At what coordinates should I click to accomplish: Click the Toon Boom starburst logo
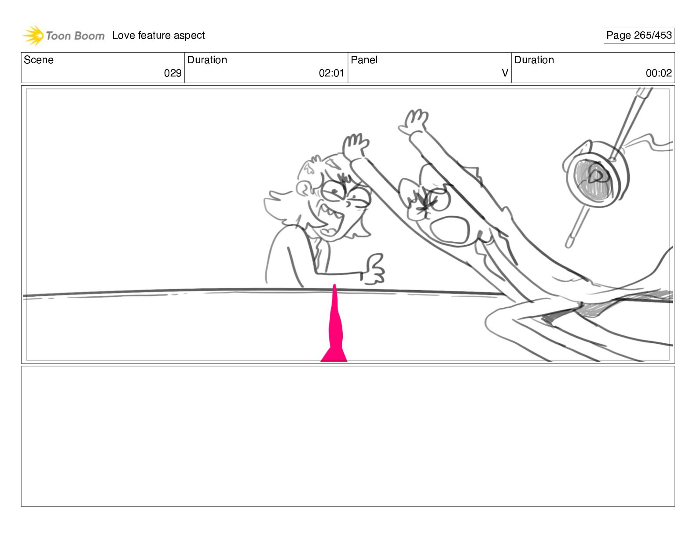point(33,35)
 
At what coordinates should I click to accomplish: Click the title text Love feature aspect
point(158,35)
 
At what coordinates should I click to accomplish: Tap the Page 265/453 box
point(638,36)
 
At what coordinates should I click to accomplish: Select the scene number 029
point(172,73)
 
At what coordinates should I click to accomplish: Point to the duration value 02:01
point(331,73)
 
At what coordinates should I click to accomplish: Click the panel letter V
point(505,73)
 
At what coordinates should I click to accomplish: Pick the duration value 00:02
point(659,73)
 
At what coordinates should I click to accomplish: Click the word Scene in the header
point(38,60)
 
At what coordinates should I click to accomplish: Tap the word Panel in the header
point(364,60)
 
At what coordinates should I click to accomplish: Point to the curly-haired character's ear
point(304,189)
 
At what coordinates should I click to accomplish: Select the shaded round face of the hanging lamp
point(594,179)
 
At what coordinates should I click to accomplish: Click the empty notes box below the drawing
point(348,436)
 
